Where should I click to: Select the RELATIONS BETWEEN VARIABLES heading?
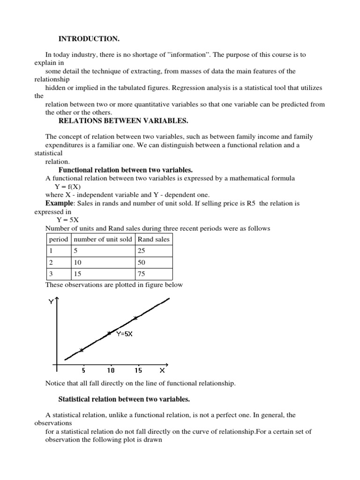(x=123, y=121)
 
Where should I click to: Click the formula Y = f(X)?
(x=68, y=186)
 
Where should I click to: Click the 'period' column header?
(x=58, y=239)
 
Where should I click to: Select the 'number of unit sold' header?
(x=103, y=239)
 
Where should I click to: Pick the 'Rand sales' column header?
(x=153, y=239)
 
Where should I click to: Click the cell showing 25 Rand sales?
(x=141, y=251)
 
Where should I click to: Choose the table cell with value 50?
(x=141, y=262)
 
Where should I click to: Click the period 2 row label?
(x=51, y=262)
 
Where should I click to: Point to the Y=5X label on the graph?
(x=124, y=335)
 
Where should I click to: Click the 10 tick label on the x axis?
(x=111, y=370)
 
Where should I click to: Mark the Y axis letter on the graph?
(x=51, y=302)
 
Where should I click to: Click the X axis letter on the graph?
(x=162, y=370)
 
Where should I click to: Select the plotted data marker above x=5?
(x=82, y=350)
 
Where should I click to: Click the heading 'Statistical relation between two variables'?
(x=124, y=399)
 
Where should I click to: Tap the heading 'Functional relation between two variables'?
(x=125, y=170)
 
